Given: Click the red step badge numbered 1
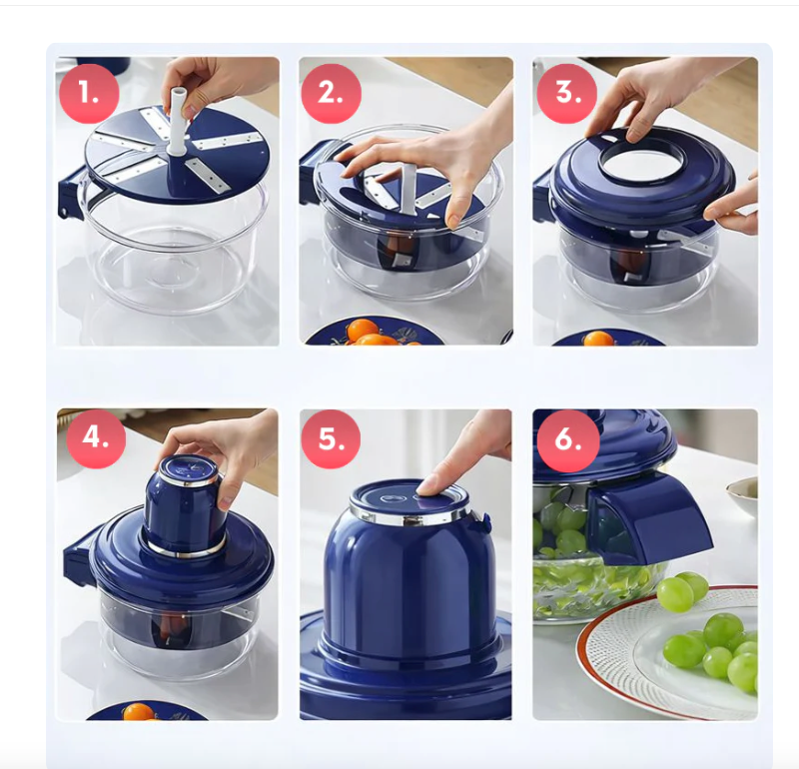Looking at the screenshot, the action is click(89, 93).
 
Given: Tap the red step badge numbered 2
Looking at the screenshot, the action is click(331, 93).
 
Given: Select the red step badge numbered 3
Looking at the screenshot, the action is click(566, 93).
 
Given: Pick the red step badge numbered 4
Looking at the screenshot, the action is click(96, 438).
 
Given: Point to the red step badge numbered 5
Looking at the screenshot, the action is click(331, 439).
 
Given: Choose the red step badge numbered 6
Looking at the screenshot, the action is click(566, 440).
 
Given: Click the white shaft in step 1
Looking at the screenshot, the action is click(178, 121).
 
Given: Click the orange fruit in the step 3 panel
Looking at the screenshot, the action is click(598, 339).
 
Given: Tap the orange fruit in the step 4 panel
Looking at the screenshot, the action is click(139, 711).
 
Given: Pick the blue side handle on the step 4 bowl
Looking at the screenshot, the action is click(77, 558).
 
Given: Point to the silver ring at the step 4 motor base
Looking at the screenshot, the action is click(186, 548).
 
